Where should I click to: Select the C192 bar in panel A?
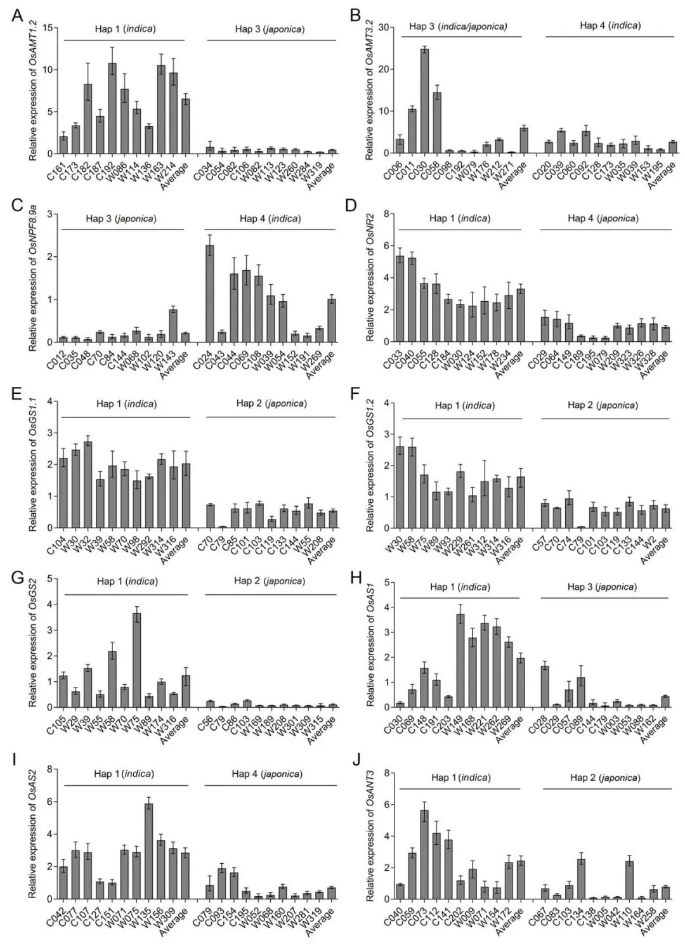coord(112,108)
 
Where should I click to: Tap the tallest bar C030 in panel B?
coord(424,101)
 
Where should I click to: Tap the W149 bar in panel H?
coord(460,660)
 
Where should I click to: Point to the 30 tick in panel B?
coord(383,27)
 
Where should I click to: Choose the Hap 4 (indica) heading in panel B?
coord(610,26)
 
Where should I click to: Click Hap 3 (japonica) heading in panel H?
coord(602,587)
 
